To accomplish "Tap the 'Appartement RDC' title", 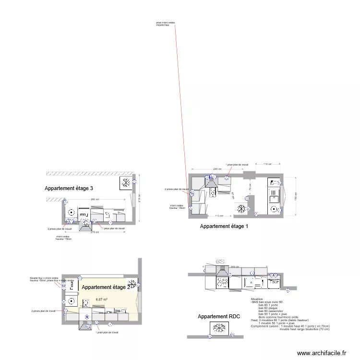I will tap(219, 317).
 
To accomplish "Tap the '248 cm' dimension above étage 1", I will tap(217, 169).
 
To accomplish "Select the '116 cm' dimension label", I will tap(267, 164).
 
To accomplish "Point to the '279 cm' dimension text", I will tap(95, 232).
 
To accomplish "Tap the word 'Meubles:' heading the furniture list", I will tap(257, 298).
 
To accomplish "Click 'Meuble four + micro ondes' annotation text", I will tap(44, 278).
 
